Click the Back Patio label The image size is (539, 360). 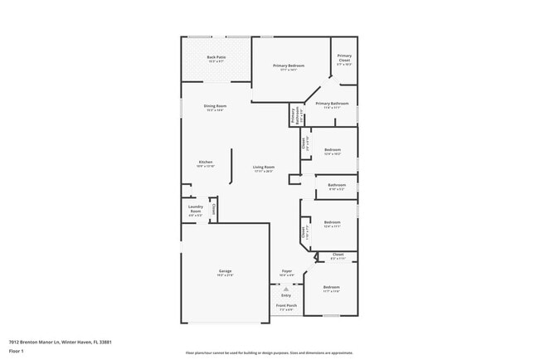[216, 56]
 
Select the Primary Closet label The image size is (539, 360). [343, 58]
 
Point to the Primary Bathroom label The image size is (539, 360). [332, 105]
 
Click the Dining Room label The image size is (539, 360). [216, 106]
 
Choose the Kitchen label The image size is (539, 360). [206, 162]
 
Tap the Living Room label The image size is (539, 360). [264, 168]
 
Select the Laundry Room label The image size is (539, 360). [196, 207]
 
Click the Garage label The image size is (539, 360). [225, 271]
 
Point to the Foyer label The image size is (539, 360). [286, 270]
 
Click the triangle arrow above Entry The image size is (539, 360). [286, 289]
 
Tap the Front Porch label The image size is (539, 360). [286, 305]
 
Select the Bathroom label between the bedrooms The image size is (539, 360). [337, 185]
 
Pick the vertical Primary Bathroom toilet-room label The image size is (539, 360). [294, 116]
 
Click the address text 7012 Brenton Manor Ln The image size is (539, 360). [60, 341]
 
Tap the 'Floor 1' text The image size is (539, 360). [17, 351]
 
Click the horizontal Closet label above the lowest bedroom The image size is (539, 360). [337, 254]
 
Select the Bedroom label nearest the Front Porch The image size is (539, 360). [332, 287]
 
